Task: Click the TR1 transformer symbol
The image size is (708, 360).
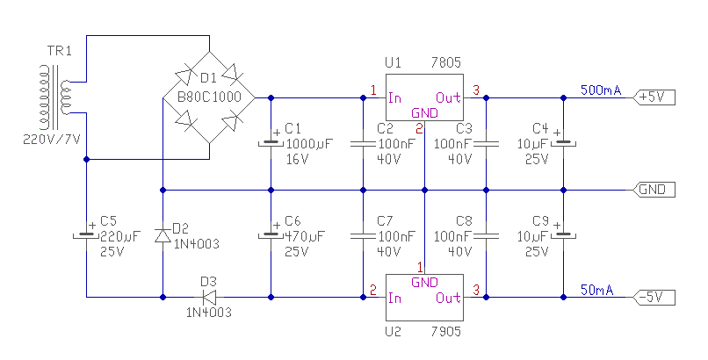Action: coord(56,97)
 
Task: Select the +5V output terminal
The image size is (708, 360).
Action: coord(654,97)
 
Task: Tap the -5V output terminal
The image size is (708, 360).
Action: coord(654,298)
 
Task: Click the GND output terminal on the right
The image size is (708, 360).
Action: coord(654,190)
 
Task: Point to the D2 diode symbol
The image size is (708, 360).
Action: coord(163,235)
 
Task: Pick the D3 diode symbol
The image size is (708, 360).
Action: coord(208,298)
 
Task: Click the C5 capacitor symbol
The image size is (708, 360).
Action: coord(86,235)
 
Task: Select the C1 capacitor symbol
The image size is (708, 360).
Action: coord(271,143)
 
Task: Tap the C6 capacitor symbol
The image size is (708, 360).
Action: coord(271,235)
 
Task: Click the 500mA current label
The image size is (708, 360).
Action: coord(601,90)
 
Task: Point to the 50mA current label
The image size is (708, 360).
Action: coord(597,290)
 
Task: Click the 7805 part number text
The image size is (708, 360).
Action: coord(445,62)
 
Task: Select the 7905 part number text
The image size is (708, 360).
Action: coord(445,332)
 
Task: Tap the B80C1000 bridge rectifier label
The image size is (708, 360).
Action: coord(209,97)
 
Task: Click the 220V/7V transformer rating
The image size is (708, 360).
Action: coord(52,140)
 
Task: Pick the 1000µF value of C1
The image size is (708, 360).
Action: coord(309,144)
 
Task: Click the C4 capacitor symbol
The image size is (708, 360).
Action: coord(563,143)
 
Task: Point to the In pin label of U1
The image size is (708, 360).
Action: coord(394,97)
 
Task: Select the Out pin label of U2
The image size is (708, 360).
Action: coord(448,298)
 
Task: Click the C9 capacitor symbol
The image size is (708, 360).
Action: coord(563,235)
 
